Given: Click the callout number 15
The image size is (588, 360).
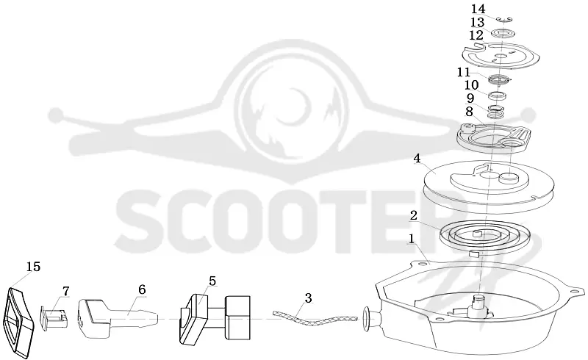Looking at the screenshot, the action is click(x=33, y=267).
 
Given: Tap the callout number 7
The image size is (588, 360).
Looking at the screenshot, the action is click(x=66, y=291).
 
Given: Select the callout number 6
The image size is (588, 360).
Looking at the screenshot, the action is click(x=142, y=289).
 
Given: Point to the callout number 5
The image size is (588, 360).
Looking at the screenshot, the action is click(x=212, y=281).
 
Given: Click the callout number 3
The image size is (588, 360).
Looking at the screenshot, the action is click(x=308, y=298).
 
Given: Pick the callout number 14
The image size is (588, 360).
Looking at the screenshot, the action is click(x=478, y=9).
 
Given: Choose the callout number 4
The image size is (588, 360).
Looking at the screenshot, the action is click(x=417, y=159).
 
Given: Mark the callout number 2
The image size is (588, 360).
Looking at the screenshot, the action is click(x=414, y=215).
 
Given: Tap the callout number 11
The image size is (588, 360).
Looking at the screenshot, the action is click(x=464, y=71).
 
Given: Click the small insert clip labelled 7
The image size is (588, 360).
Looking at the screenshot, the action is click(x=54, y=317).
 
